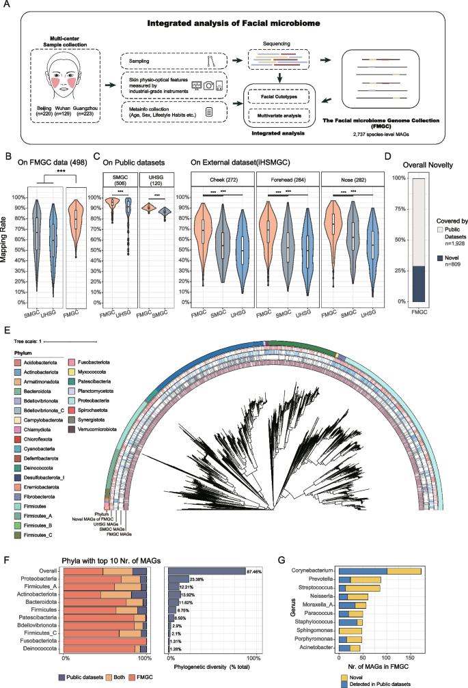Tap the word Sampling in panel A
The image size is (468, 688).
pos(139,62)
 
